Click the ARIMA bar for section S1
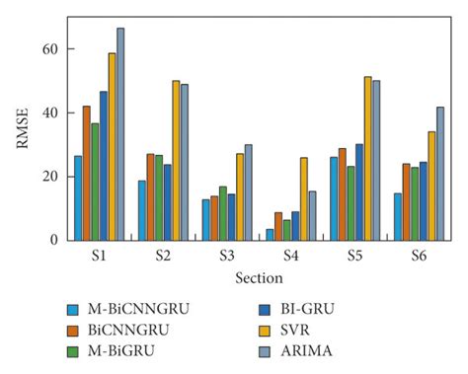click(120, 134)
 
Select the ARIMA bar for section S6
click(440, 173)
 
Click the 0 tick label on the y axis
click(57, 240)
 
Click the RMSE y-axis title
click(23, 128)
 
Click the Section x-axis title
click(259, 279)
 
